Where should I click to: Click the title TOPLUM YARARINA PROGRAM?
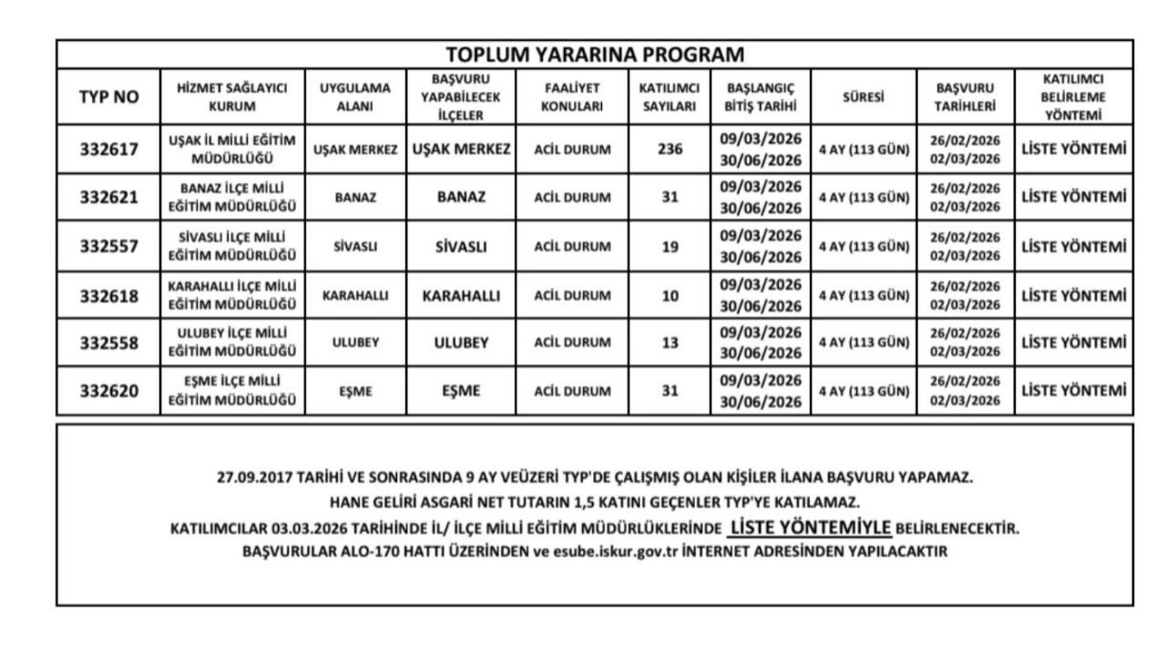click(595, 54)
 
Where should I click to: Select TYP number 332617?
click(108, 149)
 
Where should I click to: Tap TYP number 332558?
click(108, 343)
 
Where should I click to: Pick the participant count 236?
click(670, 149)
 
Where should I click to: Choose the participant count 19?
click(670, 246)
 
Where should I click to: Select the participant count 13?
click(670, 343)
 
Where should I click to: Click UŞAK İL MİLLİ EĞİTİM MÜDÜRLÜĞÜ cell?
click(233, 149)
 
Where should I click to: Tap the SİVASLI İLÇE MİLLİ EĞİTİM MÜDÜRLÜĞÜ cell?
click(233, 246)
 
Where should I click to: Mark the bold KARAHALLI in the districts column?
click(461, 295)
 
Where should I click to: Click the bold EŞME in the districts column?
click(461, 392)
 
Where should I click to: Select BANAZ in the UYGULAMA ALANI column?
click(356, 198)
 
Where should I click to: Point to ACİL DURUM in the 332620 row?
click(572, 392)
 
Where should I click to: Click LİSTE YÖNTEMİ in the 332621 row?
click(1074, 198)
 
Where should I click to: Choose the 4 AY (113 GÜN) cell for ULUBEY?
click(864, 343)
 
